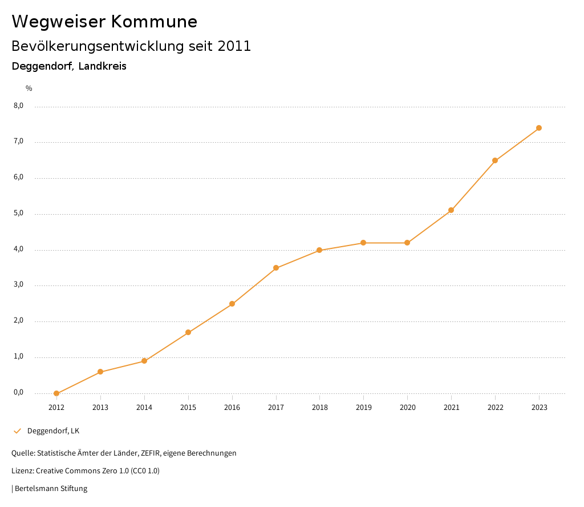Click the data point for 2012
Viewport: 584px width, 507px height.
[56, 393]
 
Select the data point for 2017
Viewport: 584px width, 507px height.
[276, 268]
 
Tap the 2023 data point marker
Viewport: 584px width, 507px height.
[539, 128]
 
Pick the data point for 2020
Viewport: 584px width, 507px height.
[407, 243]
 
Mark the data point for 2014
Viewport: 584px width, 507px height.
[144, 361]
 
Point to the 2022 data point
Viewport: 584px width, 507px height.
[495, 160]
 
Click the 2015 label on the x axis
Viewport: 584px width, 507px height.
[188, 408]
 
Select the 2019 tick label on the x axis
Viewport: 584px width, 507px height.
[363, 408]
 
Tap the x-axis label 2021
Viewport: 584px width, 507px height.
[451, 408]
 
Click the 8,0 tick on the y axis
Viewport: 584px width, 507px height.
[19, 106]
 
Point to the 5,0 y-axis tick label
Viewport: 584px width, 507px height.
[19, 214]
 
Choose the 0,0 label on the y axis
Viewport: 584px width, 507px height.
[19, 393]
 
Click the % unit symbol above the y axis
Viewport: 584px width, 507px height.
[29, 88]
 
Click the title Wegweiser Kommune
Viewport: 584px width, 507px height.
[104, 22]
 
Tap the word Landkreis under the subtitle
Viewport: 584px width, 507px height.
[103, 66]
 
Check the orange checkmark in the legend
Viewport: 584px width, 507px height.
[17, 431]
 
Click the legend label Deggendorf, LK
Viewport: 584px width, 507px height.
[53, 431]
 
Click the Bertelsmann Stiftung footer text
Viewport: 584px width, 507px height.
[51, 489]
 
